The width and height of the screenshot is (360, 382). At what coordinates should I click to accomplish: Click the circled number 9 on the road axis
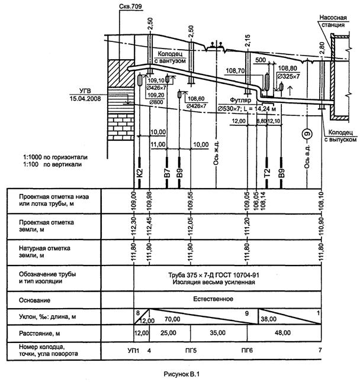[306, 134]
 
